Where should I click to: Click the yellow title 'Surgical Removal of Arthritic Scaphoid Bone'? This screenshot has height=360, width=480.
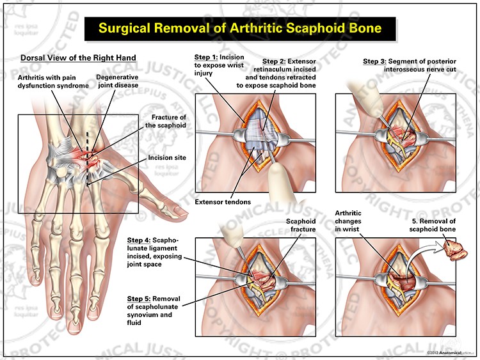[240, 28]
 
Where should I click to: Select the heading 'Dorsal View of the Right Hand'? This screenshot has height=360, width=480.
[78, 58]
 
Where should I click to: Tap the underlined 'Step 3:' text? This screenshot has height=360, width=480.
[376, 61]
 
